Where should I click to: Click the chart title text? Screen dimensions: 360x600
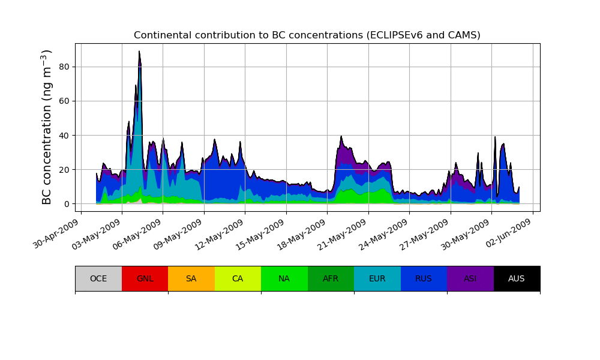tap(307, 35)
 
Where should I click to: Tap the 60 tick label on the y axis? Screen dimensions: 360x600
tap(65, 101)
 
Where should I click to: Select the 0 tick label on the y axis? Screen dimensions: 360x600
tap(67, 204)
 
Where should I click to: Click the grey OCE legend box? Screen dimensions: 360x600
tap(98, 278)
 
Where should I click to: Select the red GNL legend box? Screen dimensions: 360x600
tap(145, 278)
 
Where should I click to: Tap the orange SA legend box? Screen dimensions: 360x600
tap(191, 278)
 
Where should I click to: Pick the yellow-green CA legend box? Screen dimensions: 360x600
tap(238, 278)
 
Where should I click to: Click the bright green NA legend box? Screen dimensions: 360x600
tap(284, 278)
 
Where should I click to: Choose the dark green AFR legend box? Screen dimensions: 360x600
tap(331, 278)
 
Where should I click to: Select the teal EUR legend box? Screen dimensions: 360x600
tap(377, 278)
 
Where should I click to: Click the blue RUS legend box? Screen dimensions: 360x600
tap(424, 278)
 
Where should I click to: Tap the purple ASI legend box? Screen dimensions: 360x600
tap(470, 278)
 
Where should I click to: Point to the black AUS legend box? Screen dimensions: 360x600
tap(517, 278)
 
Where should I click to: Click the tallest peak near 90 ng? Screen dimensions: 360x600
tap(139, 52)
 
